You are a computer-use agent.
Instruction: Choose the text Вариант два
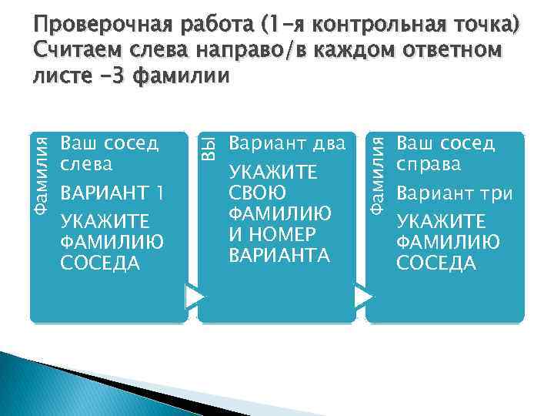288,144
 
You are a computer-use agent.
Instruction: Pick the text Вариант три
454,193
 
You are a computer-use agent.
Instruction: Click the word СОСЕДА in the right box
436,263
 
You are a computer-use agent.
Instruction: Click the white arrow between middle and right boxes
362,297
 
